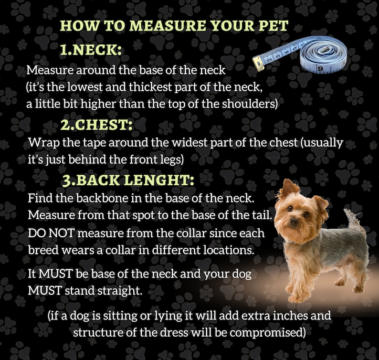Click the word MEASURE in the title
167,25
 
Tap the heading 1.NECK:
91,50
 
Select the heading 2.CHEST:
96,125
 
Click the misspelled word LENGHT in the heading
159,180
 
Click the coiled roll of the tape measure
324,55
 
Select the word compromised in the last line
266,333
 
